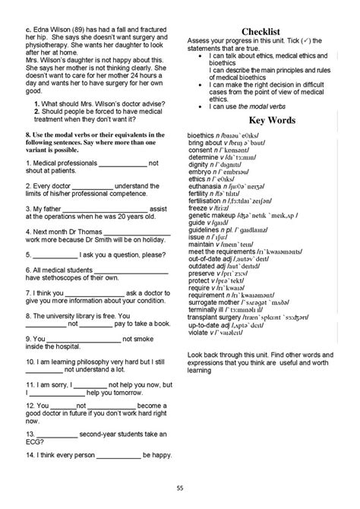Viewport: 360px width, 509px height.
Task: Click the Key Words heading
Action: point(262,120)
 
